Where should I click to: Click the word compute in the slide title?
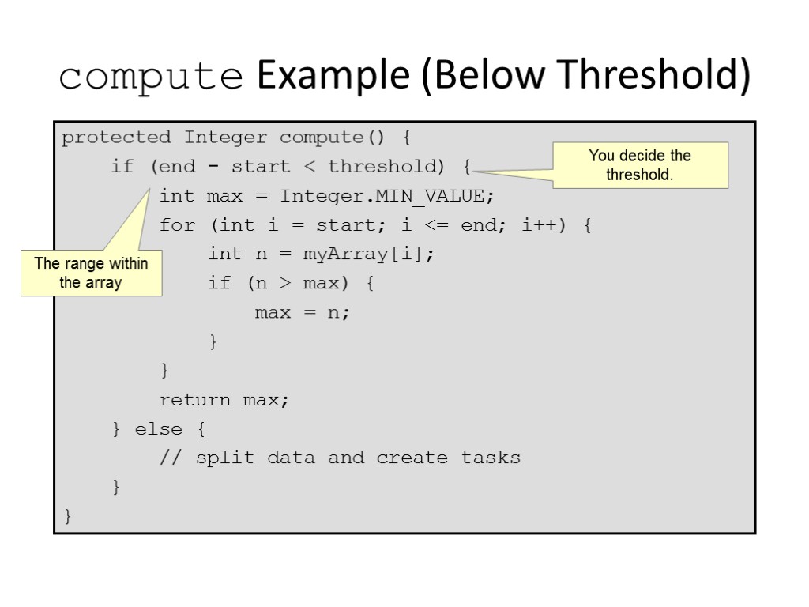151,77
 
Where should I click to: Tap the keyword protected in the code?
116,138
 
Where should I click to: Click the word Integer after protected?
226,138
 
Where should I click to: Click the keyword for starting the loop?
177,225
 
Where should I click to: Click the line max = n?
302,313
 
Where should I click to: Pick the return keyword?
195,401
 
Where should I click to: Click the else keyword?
159,430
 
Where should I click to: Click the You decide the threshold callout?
640,165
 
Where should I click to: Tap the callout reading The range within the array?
91,273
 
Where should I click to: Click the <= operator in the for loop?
437,225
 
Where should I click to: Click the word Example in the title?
333,77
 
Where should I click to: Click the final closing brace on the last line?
68,517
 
